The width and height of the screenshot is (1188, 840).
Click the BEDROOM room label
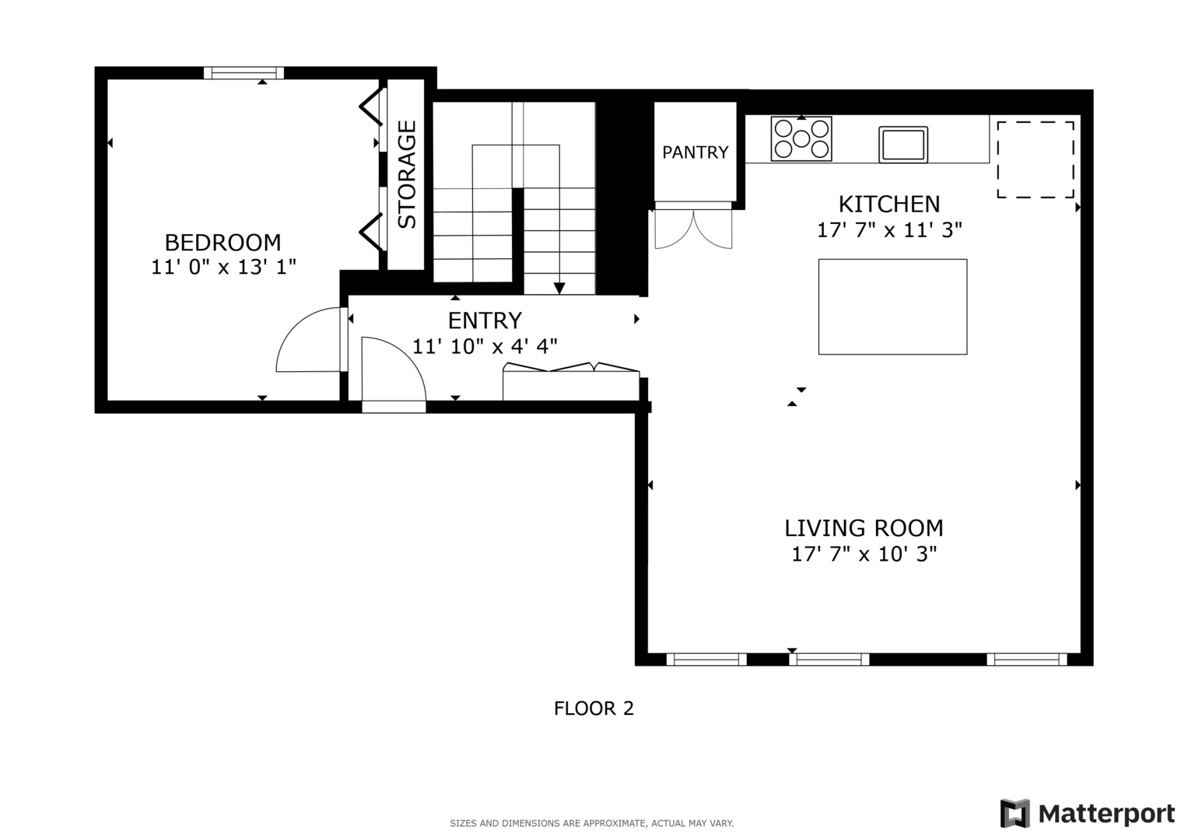[x=223, y=242]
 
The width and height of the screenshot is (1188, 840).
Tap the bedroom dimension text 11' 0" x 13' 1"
[x=223, y=267]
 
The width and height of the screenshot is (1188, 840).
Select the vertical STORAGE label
[x=407, y=174]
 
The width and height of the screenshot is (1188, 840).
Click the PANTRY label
[x=695, y=152]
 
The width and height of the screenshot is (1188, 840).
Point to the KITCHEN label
[x=888, y=204]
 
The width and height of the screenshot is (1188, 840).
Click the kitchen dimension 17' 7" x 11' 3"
[x=888, y=230]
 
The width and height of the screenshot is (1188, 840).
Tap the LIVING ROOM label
[x=863, y=528]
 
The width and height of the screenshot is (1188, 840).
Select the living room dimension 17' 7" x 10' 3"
[x=863, y=554]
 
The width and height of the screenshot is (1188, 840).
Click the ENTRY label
[x=485, y=320]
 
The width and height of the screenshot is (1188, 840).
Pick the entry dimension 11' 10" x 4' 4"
[x=485, y=346]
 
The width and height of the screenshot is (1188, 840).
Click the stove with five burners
[x=801, y=138]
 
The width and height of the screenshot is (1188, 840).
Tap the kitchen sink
[x=902, y=145]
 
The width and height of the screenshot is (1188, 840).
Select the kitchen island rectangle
[x=892, y=306]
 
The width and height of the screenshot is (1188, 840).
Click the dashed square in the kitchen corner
[x=1035, y=159]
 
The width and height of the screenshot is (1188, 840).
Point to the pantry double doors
[x=693, y=227]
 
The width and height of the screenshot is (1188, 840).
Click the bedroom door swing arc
[x=307, y=341]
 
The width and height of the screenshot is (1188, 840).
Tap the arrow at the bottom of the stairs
[x=559, y=288]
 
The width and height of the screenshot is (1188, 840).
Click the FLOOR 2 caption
[x=594, y=709]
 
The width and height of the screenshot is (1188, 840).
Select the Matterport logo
[x=1087, y=814]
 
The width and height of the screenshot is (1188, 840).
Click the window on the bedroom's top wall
[x=244, y=73]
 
